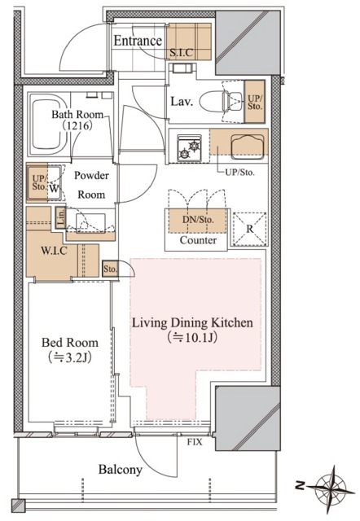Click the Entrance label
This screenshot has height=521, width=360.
coord(138,41)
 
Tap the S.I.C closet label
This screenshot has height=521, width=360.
coord(181,52)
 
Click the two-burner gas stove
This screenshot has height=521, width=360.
coord(189,148)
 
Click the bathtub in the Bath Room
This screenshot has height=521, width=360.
coord(48,125)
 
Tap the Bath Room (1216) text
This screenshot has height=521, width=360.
coord(77,120)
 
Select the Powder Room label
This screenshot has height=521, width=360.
coord(91,185)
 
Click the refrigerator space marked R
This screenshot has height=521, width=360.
coord(250,229)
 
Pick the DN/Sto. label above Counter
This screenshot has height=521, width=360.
coord(198,220)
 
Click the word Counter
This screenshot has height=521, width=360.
coord(198,240)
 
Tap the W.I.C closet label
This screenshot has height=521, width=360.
coord(55,251)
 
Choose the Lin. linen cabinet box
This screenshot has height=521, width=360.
coord(60,217)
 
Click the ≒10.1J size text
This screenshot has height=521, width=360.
coord(193,338)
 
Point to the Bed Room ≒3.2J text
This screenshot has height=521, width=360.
coord(70,350)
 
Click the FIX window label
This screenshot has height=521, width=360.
coord(195,442)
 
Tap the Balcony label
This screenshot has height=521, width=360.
coord(121,470)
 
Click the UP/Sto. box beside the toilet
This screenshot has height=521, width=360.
coord(255,102)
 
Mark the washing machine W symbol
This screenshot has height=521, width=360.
coord(54,188)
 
